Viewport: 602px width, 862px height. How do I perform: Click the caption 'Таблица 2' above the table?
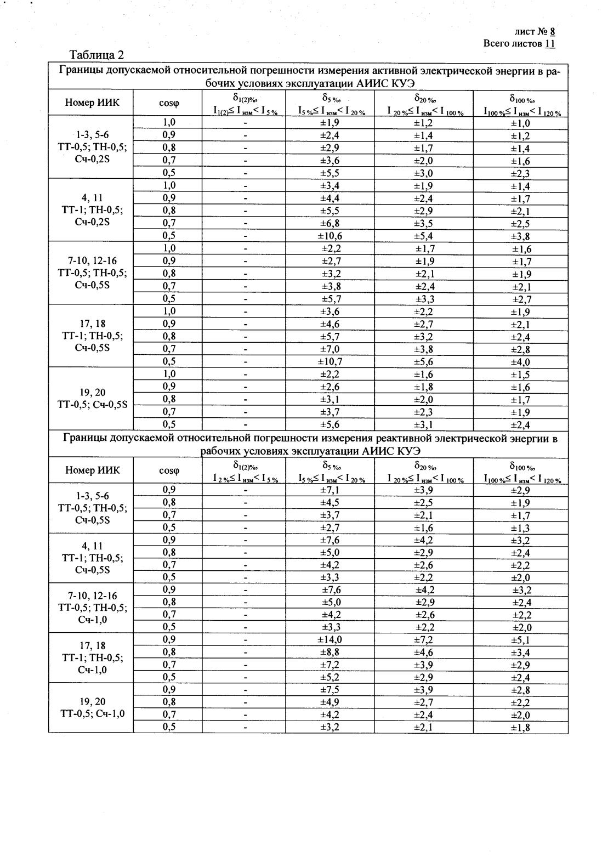point(96,55)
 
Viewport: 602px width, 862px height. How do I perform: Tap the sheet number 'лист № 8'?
point(535,32)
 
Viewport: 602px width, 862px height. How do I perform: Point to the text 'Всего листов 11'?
point(519,43)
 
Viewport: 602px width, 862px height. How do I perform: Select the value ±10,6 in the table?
point(330,236)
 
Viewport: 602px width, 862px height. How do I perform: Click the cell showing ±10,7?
point(330,361)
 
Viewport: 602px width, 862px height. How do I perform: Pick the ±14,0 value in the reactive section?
point(330,640)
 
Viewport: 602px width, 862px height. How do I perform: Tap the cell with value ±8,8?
point(330,653)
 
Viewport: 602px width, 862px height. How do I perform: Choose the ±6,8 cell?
point(330,223)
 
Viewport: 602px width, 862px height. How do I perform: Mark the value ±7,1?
point(330,490)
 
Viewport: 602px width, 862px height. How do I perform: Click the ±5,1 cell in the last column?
point(520,640)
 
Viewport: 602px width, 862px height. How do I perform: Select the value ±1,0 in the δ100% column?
point(520,123)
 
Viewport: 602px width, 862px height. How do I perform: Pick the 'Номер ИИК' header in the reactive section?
point(91,470)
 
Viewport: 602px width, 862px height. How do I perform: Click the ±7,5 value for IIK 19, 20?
point(330,690)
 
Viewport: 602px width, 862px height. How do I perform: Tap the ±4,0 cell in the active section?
point(520,362)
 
